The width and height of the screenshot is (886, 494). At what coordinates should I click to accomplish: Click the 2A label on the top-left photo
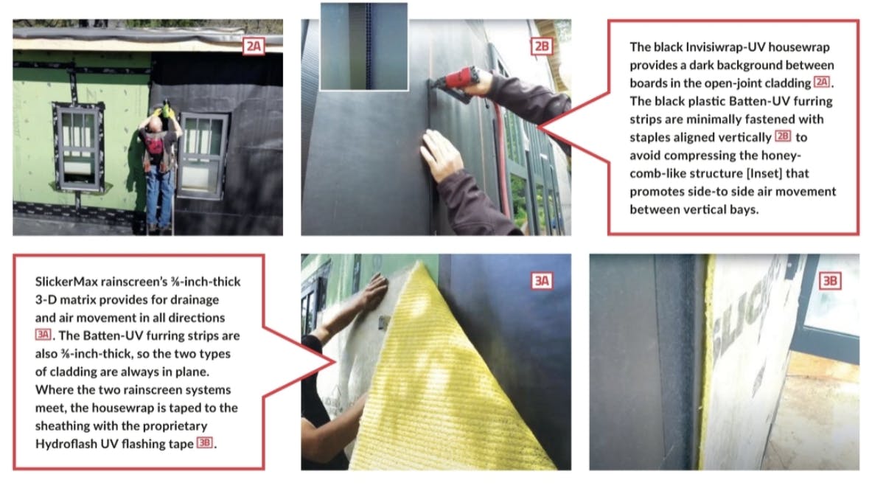pyautogui.click(x=254, y=46)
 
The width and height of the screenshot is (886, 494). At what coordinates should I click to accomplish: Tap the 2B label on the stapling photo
pyautogui.click(x=542, y=46)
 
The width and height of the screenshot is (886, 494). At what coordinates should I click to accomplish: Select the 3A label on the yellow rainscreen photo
pyautogui.click(x=542, y=281)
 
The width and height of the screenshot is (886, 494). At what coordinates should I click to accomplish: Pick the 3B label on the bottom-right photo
pyautogui.click(x=830, y=281)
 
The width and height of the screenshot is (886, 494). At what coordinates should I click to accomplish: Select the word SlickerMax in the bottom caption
pyautogui.click(x=66, y=282)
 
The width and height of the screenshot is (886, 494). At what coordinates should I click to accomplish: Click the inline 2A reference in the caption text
pyautogui.click(x=822, y=83)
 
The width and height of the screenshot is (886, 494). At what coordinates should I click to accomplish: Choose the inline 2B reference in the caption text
pyautogui.click(x=783, y=136)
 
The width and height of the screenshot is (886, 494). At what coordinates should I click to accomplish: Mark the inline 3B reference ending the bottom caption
pyautogui.click(x=205, y=442)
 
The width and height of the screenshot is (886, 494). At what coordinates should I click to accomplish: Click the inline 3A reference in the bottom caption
pyautogui.click(x=43, y=335)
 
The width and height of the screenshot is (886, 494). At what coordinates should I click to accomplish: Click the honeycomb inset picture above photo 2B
pyautogui.click(x=364, y=46)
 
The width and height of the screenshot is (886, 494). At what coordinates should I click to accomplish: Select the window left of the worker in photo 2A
pyautogui.click(x=79, y=146)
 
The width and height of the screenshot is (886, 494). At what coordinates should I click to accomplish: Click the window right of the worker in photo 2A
pyautogui.click(x=203, y=156)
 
